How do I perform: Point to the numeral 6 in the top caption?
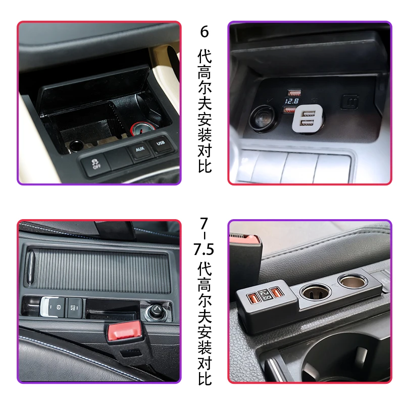pos(204,32)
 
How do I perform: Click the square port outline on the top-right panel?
pos(349,102)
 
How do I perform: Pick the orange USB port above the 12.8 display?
pos(294,93)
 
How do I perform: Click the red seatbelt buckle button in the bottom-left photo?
pos(125,331)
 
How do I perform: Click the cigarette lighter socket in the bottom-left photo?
pos(155,311)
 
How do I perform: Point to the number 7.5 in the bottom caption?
pos(204,249)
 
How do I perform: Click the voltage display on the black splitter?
pos(265,294)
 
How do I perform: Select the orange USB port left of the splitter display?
pos(254,298)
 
